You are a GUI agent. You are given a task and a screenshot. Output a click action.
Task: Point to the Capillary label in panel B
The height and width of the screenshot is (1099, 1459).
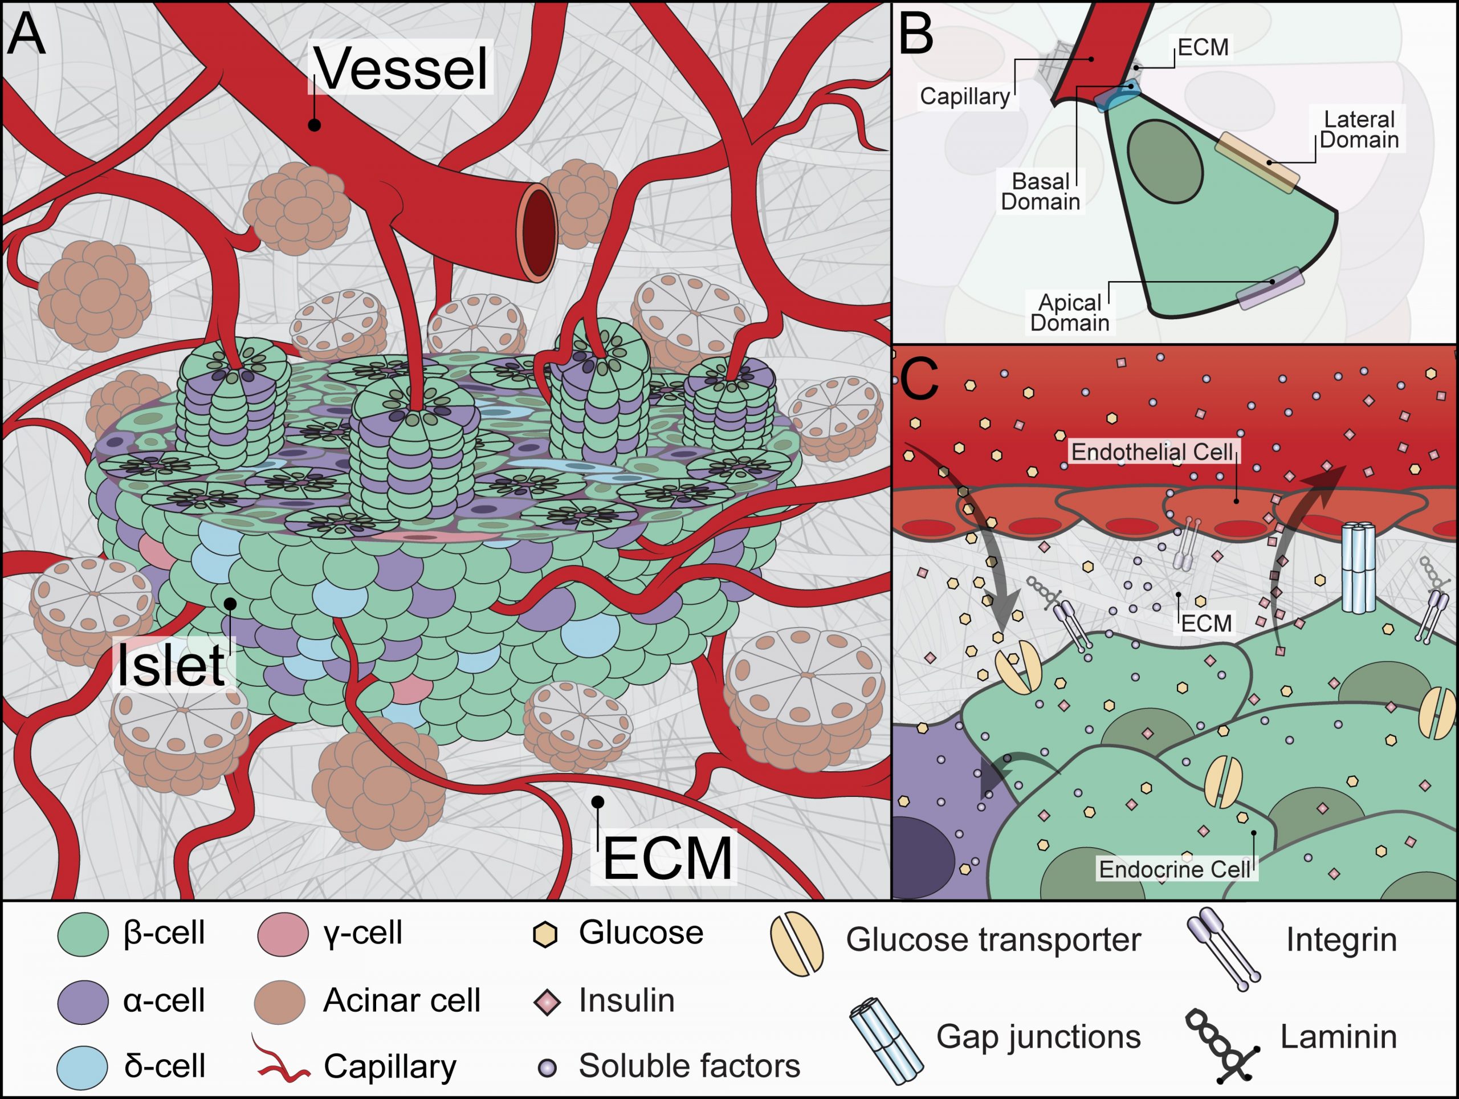(964, 96)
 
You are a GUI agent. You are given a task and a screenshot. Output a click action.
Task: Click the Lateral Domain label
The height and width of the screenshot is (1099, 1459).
(1359, 130)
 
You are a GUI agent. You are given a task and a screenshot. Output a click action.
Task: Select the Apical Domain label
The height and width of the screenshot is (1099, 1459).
(1069, 313)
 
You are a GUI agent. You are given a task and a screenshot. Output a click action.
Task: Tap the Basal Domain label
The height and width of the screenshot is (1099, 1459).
(1040, 192)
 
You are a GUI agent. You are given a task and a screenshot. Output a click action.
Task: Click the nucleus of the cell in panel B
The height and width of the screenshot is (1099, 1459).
(1165, 159)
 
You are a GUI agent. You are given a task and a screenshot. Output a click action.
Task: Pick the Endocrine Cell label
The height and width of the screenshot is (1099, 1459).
(1175, 869)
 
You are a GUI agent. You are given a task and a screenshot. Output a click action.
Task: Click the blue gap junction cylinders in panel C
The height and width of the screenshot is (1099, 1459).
(1359, 567)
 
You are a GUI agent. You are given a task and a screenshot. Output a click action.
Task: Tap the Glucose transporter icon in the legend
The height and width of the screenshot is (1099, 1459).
(796, 944)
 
